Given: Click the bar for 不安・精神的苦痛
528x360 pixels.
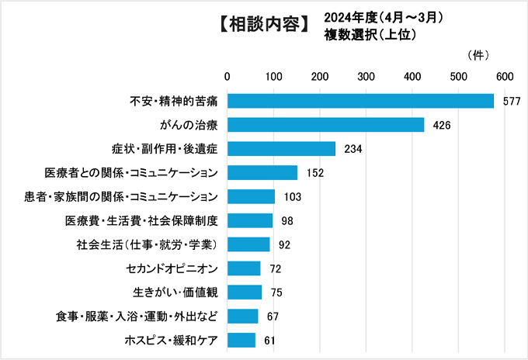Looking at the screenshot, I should click(360, 101).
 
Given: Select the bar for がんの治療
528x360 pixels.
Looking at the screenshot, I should click(325, 125).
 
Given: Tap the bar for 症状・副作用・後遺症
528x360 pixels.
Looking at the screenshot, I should click(281, 149).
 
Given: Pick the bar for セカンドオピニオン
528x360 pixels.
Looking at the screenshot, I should click(244, 268).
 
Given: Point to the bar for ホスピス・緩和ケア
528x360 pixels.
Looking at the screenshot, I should click(241, 340).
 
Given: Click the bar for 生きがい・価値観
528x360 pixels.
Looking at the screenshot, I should click(245, 292).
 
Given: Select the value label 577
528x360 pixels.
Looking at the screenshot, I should click(511, 102).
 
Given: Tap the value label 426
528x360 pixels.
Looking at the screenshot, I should click(442, 126).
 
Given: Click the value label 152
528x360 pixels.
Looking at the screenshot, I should click(314, 173).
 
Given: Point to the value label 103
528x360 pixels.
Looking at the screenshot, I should click(292, 197).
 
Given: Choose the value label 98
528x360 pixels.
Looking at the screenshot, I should click(287, 221).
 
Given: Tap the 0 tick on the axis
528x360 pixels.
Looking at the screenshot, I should click(228, 76).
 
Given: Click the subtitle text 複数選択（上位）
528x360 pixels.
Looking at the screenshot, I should click(371, 34).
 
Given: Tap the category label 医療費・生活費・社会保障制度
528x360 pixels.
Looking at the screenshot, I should click(142, 221).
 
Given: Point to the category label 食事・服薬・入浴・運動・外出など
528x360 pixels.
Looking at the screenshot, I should click(137, 317).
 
